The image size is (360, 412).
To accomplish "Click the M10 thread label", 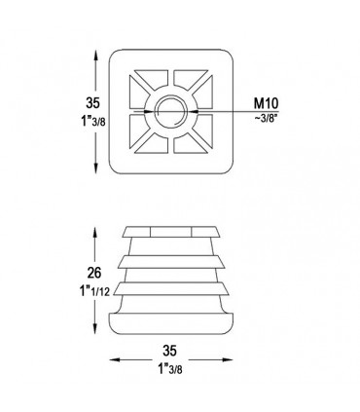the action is pos(266,103).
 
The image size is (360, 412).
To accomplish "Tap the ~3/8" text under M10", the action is pos(267,118).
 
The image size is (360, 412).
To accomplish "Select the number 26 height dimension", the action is pos(94,272).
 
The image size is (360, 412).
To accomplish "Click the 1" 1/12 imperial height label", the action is pos(94,291).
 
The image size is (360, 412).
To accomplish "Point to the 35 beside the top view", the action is pos(92,103).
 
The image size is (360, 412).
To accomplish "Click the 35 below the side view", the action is pos(169,351).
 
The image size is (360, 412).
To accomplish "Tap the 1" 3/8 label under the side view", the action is pos(170,369).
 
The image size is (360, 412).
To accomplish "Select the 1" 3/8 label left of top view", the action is pos(93,122).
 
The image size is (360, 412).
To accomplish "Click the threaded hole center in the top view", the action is pos(171,111).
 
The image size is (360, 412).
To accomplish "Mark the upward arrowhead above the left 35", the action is pos(95,56).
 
